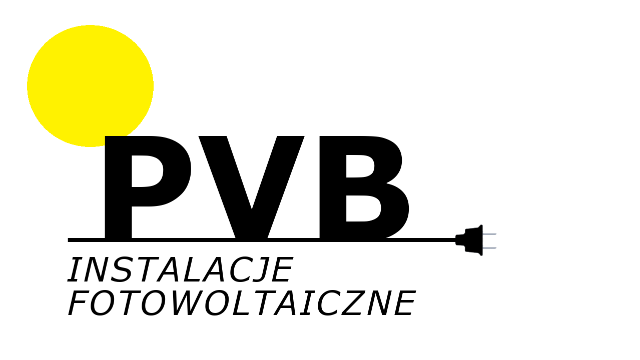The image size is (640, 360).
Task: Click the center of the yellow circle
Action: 90,86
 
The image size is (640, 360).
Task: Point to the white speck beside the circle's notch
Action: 129,135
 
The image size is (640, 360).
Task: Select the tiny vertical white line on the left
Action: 68,240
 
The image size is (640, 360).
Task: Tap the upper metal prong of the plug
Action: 489,234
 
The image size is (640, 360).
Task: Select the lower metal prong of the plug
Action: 489,247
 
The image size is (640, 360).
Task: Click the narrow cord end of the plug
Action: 457,239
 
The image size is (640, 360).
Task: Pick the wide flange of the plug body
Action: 481,240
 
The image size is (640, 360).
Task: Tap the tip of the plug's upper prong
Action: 496,234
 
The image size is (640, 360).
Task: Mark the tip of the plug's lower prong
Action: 496,247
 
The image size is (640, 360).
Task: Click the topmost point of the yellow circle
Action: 90,25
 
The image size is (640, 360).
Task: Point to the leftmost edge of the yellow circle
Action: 28,86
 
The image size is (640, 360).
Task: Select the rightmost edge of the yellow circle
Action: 153,86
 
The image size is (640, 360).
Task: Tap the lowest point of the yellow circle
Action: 90,146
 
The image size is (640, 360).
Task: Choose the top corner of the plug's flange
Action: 481,225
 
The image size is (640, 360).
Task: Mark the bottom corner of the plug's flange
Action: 481,255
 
